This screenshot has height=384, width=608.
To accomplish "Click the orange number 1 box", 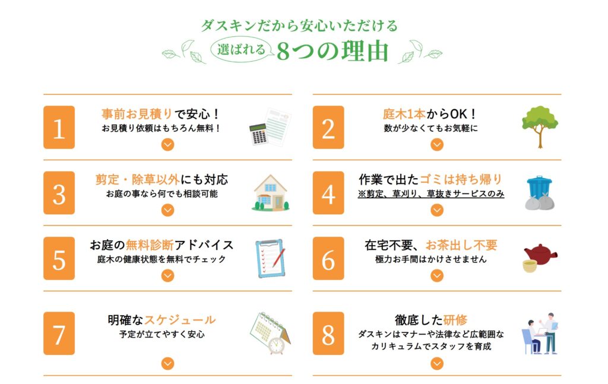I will [59, 128].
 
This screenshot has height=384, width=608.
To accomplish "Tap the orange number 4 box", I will [328, 193].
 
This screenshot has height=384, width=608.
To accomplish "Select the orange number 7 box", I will [59, 334].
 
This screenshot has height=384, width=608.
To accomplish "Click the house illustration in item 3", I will [271, 193].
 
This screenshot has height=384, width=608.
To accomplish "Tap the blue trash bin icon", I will [540, 193].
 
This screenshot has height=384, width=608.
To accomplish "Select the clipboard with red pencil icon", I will [270, 258].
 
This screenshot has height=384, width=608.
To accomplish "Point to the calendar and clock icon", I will [270, 333].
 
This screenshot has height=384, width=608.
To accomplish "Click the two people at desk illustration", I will [540, 334].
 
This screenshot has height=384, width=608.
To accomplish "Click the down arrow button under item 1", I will [168, 144].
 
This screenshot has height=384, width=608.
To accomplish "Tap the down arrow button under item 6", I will [437, 275].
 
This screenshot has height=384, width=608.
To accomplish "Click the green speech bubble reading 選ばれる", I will [241, 51].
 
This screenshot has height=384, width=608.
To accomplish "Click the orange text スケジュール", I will [183, 320].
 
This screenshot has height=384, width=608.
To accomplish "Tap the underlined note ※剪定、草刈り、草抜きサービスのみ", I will [431, 194].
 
